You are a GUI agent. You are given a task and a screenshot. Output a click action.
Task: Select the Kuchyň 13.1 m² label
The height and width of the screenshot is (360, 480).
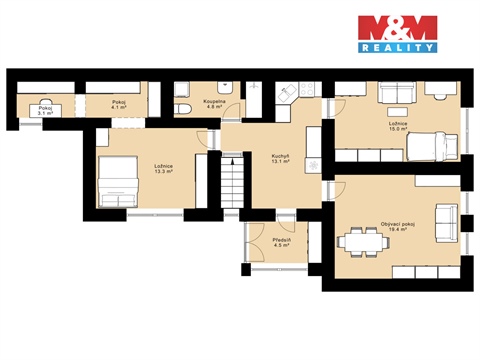(280, 160)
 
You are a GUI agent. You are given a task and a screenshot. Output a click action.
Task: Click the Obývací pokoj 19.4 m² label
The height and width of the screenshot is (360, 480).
(398, 227)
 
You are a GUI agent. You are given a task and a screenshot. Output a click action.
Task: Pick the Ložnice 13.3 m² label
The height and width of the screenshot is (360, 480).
(163, 169)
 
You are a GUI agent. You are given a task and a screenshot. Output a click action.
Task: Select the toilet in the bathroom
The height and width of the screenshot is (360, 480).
(185, 107)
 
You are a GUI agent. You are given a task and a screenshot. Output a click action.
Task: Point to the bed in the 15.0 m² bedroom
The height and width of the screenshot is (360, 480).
(432, 147)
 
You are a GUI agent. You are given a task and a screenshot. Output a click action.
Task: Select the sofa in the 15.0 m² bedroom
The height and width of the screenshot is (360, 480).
(391, 93)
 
